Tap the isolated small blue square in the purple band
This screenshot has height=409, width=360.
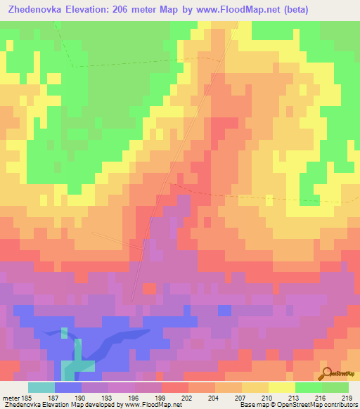[224, 310]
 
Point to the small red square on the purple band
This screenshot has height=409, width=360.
[149, 288]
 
